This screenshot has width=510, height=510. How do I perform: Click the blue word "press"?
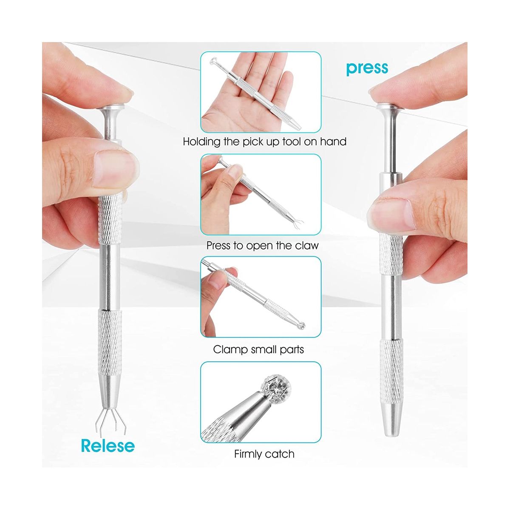click(x=367, y=68)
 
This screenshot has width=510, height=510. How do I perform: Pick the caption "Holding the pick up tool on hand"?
click(x=265, y=142)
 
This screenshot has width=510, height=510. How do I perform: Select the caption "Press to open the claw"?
click(x=262, y=246)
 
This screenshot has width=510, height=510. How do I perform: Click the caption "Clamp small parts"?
click(x=258, y=349)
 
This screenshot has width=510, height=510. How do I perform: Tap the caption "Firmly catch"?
click(x=264, y=453)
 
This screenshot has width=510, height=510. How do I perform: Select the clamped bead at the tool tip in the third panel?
click(x=301, y=326)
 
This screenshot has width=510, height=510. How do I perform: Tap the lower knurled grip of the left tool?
click(x=110, y=342)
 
